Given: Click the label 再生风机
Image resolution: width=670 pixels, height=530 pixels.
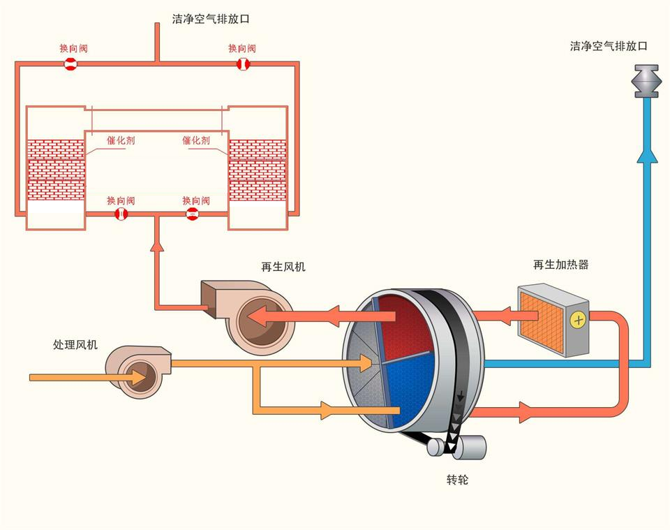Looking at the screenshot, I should tap(283, 267).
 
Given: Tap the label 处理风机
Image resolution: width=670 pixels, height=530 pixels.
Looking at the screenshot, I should tap(76, 344).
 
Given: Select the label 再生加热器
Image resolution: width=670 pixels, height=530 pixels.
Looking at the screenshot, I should tap(560, 265).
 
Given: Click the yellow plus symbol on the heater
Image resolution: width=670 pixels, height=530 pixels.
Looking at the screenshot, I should tap(578, 320).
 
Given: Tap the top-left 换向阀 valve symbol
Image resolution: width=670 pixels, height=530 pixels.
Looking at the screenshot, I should tap(70, 64).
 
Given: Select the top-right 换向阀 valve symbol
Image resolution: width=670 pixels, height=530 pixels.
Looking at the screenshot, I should tap(242, 64).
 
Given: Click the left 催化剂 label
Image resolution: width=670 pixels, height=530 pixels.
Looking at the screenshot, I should tap(121, 140).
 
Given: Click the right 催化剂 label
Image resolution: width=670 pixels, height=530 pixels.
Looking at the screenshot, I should tap(196, 140).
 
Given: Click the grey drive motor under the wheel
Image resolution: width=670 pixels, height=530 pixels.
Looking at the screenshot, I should tap(469, 447).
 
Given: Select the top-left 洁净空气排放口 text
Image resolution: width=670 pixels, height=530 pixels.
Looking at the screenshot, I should tap(211, 20).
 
